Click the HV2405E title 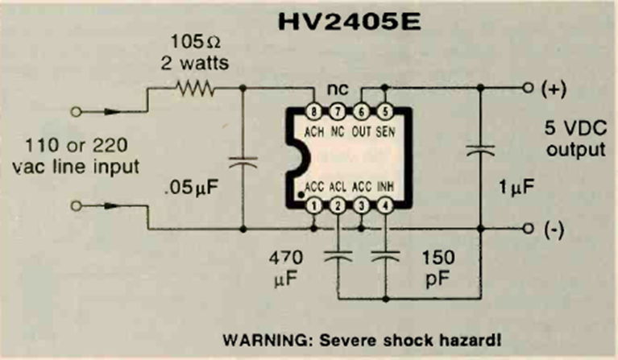coord(349,22)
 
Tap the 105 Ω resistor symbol coord(195,89)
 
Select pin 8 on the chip coord(313,112)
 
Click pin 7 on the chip coord(338,112)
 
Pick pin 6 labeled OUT coord(361,112)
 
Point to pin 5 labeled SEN coord(385,112)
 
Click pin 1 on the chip coord(313,205)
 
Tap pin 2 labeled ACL coord(338,205)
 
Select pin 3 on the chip coord(361,205)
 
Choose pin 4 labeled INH coord(385,205)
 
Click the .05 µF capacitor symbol coord(243,162)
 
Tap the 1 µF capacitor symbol coord(480,150)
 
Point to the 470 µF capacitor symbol coord(338,256)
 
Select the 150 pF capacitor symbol coord(385,256)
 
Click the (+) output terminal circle coord(528,88)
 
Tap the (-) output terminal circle coord(528,229)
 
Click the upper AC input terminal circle coord(76,112)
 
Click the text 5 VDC coord(575,128)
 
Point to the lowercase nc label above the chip coord(338,90)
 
